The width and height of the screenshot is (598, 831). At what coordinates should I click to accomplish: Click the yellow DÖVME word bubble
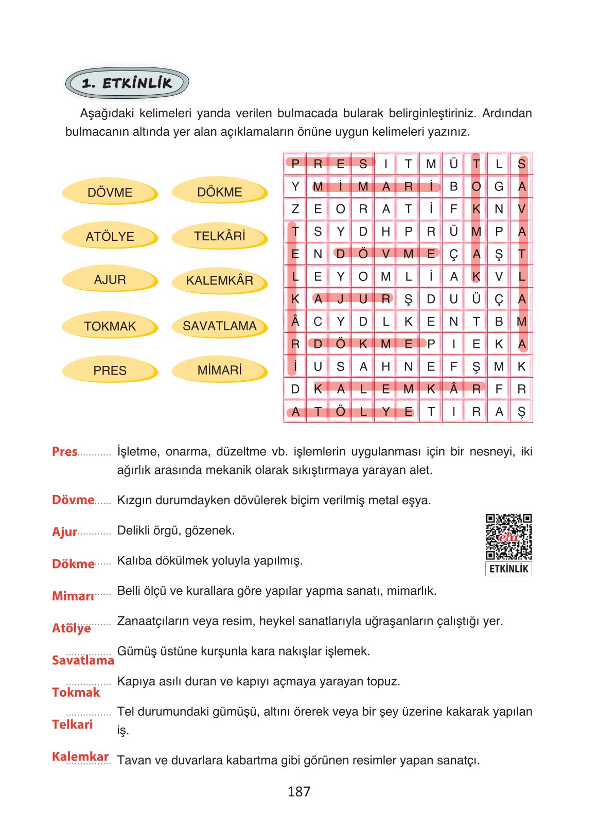click(x=110, y=192)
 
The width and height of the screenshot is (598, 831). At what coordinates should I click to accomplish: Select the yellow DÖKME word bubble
click(x=219, y=191)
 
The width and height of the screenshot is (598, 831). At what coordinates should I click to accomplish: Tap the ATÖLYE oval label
click(x=110, y=236)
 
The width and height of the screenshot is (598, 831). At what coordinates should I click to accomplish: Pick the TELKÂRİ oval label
click(x=219, y=236)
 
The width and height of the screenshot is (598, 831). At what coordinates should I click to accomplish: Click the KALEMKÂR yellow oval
click(x=219, y=280)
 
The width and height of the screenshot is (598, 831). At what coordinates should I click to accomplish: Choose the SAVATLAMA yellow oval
click(x=219, y=326)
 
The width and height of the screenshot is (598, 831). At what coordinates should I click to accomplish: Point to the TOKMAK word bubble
click(x=110, y=326)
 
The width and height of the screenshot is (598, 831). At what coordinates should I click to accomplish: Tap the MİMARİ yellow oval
click(x=219, y=370)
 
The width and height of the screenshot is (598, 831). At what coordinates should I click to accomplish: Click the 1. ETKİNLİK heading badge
click(x=127, y=83)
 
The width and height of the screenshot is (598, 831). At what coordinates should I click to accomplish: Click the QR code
click(x=508, y=537)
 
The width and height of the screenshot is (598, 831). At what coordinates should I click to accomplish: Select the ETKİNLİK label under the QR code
click(x=508, y=569)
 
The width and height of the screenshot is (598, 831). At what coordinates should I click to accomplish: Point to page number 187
click(x=299, y=791)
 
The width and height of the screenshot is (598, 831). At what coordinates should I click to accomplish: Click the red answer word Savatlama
click(x=83, y=660)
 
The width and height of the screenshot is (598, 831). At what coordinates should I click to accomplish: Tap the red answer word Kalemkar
click(x=80, y=756)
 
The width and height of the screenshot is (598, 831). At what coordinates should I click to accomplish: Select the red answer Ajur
click(x=64, y=532)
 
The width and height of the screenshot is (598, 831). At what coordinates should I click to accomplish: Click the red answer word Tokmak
click(x=76, y=692)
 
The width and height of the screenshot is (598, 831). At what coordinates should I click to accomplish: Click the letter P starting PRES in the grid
click(x=295, y=164)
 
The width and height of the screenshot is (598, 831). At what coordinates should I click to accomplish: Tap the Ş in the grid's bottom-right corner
click(x=521, y=412)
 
